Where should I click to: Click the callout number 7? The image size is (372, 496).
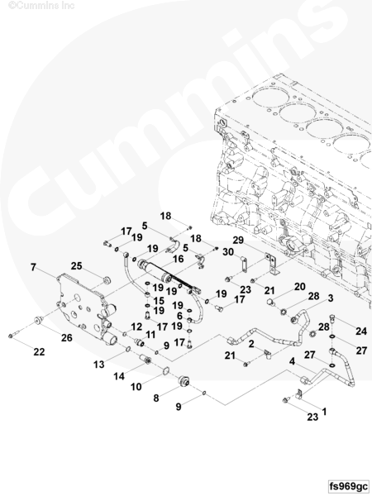pyautogui.click(x=33, y=267)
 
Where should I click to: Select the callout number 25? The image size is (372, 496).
pyautogui.click(x=76, y=266)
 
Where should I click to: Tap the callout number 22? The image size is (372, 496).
pyautogui.click(x=39, y=352)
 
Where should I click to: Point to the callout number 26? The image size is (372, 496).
pyautogui.click(x=67, y=338)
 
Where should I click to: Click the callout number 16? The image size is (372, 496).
pyautogui.click(x=179, y=259)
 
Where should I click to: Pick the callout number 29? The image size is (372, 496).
pyautogui.click(x=238, y=241)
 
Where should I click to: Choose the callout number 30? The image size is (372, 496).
pyautogui.click(x=228, y=252)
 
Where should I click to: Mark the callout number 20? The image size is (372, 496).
pyautogui.click(x=299, y=287)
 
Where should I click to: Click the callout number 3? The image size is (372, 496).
pyautogui.click(x=331, y=298)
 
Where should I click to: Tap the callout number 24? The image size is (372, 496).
pyautogui.click(x=361, y=331)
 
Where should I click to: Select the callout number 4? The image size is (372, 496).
pyautogui.click(x=292, y=361)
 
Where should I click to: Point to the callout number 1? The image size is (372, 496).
pyautogui.click(x=324, y=412)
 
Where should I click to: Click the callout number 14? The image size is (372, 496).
pyautogui.click(x=119, y=376)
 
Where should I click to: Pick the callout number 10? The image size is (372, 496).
pyautogui.click(x=136, y=387)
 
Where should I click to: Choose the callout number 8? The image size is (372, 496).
pyautogui.click(x=156, y=398)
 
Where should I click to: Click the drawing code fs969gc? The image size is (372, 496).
pyautogui.click(x=349, y=486)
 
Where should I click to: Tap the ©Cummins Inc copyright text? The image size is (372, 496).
pyautogui.click(x=41, y=6)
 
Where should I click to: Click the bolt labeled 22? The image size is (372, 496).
pyautogui.click(x=14, y=334)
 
